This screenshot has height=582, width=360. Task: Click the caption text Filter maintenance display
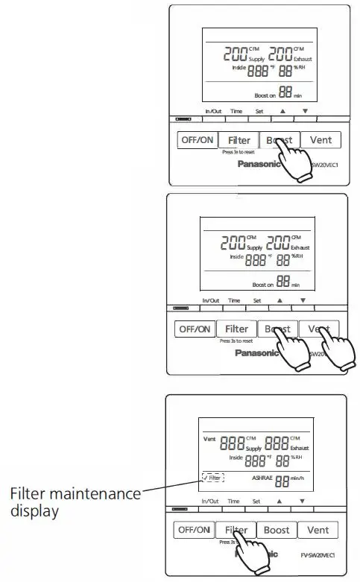click(75, 503)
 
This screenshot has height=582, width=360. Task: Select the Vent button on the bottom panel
click(319, 531)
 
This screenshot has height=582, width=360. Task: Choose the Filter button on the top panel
click(239, 140)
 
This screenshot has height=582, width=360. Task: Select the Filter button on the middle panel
click(236, 329)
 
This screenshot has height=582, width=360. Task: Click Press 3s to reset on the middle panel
click(234, 341)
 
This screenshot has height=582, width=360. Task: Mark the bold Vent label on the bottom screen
click(209, 439)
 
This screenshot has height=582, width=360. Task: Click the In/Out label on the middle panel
click(211, 300)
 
